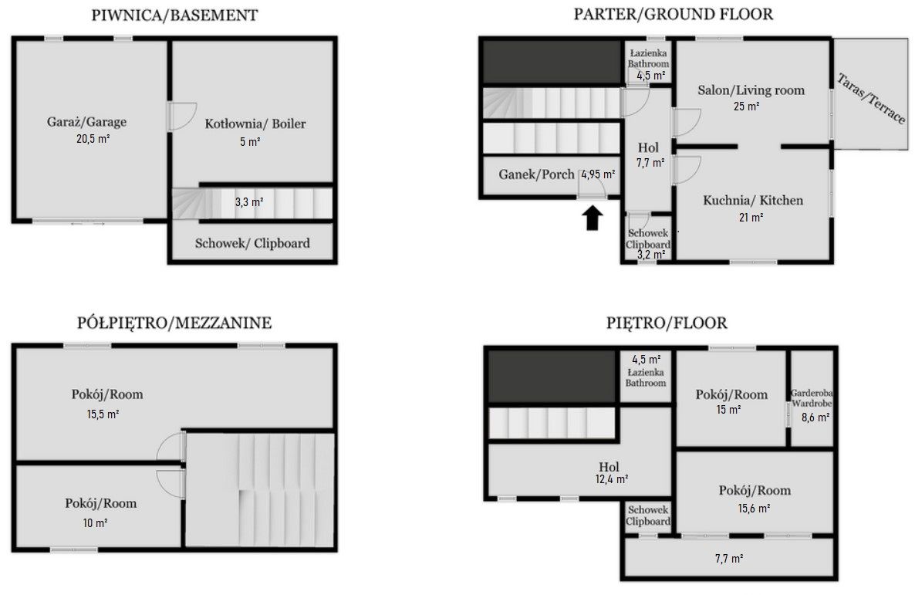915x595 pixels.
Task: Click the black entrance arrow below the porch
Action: (x=593, y=218)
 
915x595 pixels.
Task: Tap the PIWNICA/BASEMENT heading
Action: (x=174, y=15)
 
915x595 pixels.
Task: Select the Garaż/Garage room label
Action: (x=87, y=121)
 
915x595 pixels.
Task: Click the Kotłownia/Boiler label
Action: (x=255, y=123)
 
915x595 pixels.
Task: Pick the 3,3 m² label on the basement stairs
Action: (x=249, y=202)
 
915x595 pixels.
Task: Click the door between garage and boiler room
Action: (x=181, y=117)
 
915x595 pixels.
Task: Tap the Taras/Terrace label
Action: (x=871, y=98)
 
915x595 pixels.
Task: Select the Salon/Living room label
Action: (x=751, y=90)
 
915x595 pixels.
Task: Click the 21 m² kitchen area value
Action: (x=751, y=217)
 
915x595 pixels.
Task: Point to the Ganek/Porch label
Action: (x=536, y=174)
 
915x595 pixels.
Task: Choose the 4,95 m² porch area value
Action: (x=598, y=174)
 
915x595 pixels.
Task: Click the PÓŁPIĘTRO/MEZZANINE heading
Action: (x=174, y=323)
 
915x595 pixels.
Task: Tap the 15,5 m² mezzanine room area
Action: (x=103, y=414)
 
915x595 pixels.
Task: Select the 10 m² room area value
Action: (x=95, y=522)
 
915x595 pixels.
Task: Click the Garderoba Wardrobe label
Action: (x=812, y=398)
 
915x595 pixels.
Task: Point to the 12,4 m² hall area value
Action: (x=611, y=479)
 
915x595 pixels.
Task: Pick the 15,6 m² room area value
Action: (x=754, y=508)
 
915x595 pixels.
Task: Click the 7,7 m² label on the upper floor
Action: (x=729, y=558)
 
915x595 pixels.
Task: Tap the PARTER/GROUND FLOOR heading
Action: (x=674, y=14)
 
